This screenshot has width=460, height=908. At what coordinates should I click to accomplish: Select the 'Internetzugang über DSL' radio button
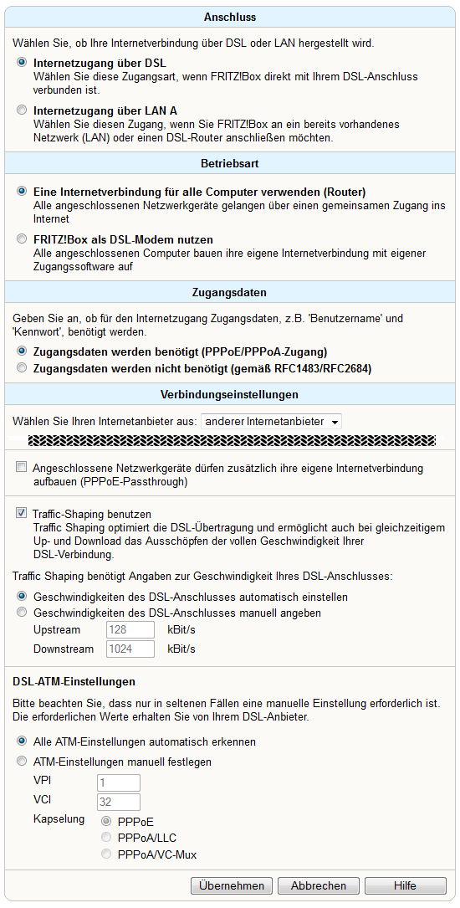coord(22,62)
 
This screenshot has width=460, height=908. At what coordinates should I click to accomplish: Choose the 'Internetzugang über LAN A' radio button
coord(22,110)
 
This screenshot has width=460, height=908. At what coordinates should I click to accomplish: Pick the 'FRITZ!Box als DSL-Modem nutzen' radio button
coord(22,239)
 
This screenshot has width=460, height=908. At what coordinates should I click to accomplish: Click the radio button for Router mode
coord(22,191)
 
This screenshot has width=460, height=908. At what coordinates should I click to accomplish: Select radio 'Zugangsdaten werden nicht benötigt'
coord(22,367)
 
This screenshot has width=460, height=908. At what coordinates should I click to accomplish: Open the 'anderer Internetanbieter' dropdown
coord(271,422)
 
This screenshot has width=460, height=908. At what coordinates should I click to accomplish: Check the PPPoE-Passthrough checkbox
coord(22,467)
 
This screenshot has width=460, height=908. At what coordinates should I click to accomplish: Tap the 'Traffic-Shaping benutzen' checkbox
coord(22,512)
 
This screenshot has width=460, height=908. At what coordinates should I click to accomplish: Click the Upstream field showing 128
coord(130,629)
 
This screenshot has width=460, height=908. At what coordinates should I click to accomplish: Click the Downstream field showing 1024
coord(130,649)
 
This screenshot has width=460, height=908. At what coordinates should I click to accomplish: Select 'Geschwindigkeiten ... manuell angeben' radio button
coord(22,612)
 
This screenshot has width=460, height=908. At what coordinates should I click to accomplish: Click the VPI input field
coord(119,783)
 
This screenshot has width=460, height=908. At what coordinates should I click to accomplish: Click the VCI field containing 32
coord(119,802)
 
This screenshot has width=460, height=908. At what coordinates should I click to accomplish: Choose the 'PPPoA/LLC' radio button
coord(106,837)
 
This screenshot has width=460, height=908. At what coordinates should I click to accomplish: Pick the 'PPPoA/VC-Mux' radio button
coord(106,854)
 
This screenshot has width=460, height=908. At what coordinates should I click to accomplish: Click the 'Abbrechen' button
coord(319,885)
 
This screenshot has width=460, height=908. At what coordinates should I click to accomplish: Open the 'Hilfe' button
coord(405,885)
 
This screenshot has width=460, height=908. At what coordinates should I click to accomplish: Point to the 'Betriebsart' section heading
coord(230,164)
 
